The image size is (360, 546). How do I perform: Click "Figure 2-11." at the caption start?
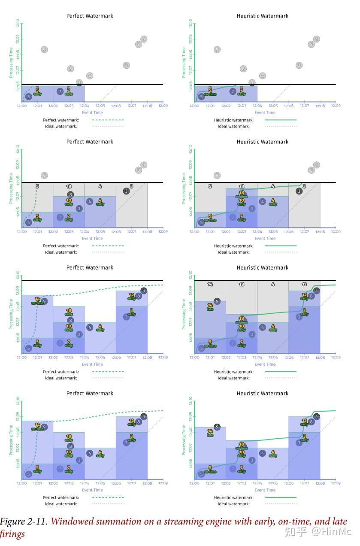(24, 522)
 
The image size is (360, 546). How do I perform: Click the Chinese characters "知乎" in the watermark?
(296, 532)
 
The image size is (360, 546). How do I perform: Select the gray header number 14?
(210, 284)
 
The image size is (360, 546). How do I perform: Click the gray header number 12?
(304, 284)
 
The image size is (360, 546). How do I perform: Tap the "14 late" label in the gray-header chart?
(210, 306)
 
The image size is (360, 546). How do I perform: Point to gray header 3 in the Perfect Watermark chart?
(132, 187)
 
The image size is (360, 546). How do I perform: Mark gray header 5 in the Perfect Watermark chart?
(37, 187)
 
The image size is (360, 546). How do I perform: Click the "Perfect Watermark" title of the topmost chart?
(90, 16)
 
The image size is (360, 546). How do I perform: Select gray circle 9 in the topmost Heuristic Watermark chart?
(217, 50)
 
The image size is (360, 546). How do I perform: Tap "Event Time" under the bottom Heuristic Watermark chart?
(265, 490)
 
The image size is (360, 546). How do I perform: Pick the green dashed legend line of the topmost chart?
(108, 120)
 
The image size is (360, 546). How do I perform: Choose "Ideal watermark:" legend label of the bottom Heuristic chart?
(233, 504)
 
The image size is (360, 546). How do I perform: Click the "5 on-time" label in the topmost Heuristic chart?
(210, 92)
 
